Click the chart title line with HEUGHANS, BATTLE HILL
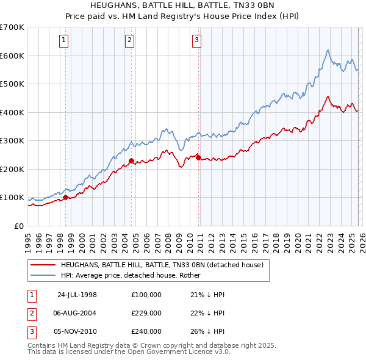point(182,5)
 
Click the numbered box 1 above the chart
point(65,41)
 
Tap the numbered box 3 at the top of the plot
point(197,41)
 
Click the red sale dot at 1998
point(66,197)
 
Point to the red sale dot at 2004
point(131,161)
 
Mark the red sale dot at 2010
point(198,158)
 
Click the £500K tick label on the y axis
point(12,84)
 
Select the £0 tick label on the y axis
point(18,226)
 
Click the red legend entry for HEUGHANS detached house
point(162,265)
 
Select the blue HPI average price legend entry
point(134,275)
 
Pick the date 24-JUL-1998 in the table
point(77,294)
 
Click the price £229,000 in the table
point(146,313)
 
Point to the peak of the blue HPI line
point(328,50)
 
